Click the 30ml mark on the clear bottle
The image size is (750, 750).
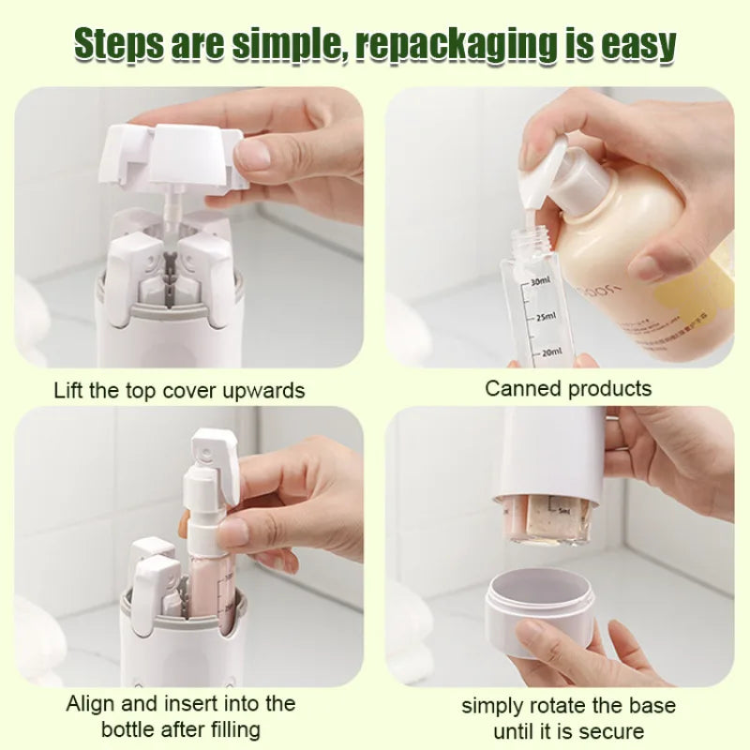tap(541, 281)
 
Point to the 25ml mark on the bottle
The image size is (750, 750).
tap(547, 317)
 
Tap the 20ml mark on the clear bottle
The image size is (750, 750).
tap(551, 352)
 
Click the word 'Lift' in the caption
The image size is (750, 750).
tap(68, 390)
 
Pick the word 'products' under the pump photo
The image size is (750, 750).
tap(610, 390)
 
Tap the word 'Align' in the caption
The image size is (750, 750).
tap(91, 705)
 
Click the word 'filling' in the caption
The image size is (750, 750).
tap(233, 730)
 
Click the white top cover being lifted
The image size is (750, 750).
tap(173, 157)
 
